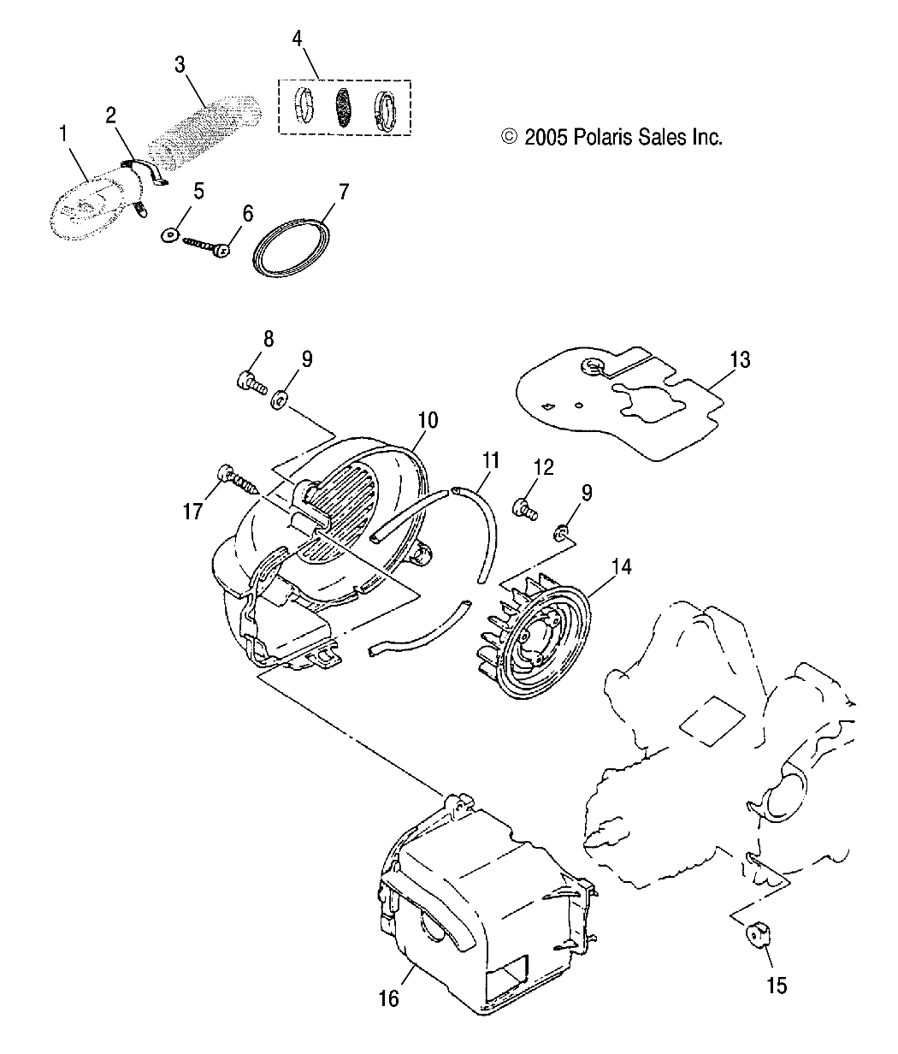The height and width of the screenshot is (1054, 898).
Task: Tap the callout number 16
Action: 388,998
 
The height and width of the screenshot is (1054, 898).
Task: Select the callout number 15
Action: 777,985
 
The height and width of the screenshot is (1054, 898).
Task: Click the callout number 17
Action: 192,512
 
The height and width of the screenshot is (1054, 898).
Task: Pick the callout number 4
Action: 297,38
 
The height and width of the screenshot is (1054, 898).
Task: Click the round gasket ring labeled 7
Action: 292,249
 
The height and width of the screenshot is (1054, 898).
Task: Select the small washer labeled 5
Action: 168,234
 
